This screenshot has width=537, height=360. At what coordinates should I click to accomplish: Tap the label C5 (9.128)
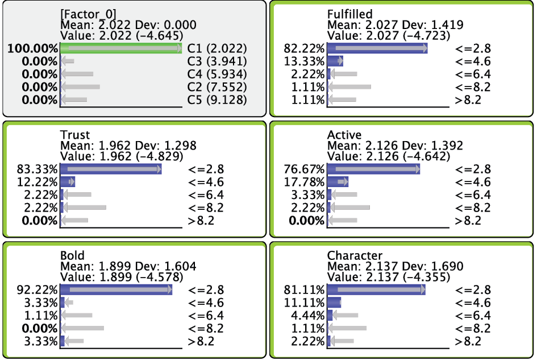click(217, 100)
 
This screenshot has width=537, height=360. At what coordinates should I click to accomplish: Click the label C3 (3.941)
click(217, 61)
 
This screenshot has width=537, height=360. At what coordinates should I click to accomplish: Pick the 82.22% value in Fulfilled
click(304, 49)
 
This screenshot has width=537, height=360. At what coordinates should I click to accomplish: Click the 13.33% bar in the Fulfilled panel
click(335, 61)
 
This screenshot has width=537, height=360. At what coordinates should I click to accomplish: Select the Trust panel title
click(75, 135)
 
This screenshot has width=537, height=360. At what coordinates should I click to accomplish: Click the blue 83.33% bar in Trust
click(110, 169)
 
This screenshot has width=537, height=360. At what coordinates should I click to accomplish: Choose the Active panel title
click(344, 135)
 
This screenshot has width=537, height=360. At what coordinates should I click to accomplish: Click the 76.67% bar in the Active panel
click(373, 169)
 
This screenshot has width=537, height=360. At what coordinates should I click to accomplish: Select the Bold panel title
click(72, 255)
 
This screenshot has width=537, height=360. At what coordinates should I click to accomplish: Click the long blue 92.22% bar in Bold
click(116, 290)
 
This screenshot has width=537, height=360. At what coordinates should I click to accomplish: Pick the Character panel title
click(355, 255)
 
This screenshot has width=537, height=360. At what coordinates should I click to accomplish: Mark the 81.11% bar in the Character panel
click(376, 290)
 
